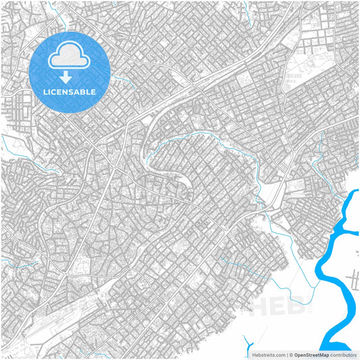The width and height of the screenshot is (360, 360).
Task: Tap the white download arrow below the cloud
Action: tap(70, 77)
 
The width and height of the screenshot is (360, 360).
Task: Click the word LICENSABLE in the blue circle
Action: tap(70, 91)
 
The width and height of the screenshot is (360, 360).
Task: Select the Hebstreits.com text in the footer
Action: tap(263, 354)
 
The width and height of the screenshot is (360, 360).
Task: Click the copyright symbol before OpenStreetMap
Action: tap(290, 354)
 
